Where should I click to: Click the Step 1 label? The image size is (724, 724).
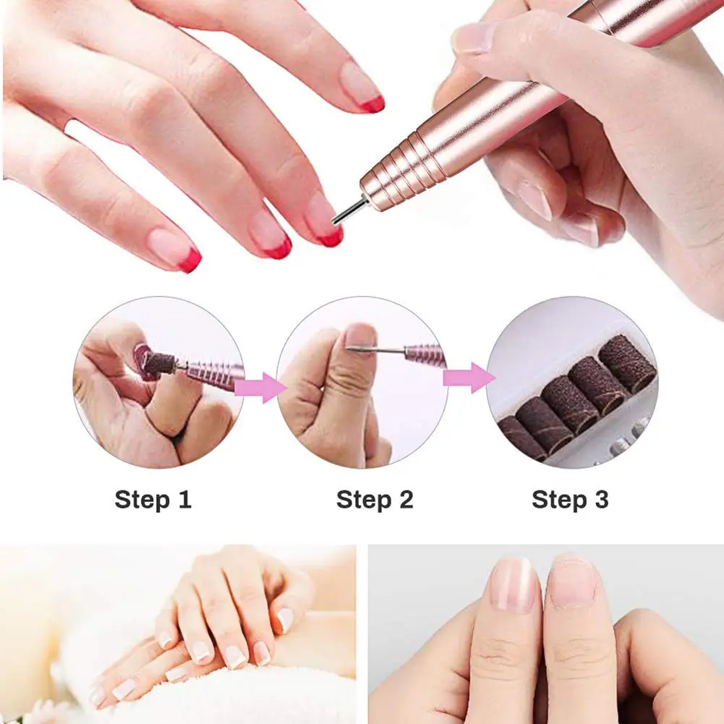153,500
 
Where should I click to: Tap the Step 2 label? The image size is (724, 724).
375,500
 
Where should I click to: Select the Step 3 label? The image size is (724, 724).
570,500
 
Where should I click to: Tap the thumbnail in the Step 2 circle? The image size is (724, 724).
359,336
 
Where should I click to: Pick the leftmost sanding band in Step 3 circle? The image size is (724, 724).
521,438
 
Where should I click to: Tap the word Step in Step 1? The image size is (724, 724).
141,500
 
